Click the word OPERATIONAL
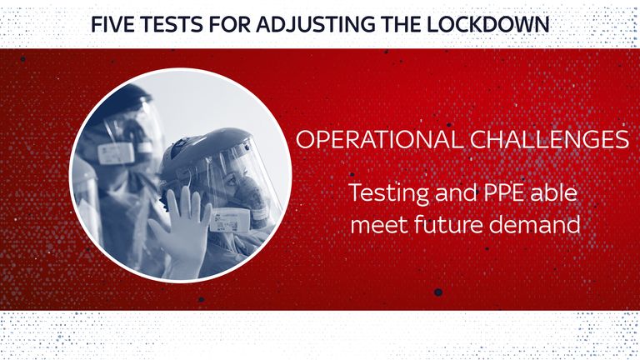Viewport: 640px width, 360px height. pyautogui.click(x=380, y=139)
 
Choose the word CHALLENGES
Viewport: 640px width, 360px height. pyautogui.click(x=549, y=139)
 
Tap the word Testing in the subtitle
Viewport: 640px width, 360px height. pyautogui.click(x=388, y=193)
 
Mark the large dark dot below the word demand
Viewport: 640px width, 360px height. pyautogui.click(x=438, y=292)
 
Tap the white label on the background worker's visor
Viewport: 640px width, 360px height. pyautogui.click(x=116, y=153)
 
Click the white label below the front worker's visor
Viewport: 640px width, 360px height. pyautogui.click(x=229, y=221)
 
